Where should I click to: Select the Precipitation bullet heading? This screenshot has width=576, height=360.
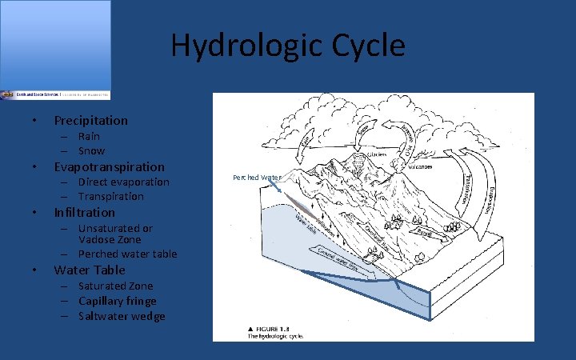(90, 121)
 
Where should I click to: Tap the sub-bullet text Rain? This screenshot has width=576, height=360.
(89, 137)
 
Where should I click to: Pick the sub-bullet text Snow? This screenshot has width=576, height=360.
(91, 151)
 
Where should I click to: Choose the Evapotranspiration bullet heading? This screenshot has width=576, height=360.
(109, 167)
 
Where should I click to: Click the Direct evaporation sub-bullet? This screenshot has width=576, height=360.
(123, 182)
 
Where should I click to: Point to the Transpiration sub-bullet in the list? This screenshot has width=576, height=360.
(110, 197)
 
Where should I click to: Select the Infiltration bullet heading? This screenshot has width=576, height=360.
(84, 213)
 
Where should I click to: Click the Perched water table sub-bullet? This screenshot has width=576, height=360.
(127, 254)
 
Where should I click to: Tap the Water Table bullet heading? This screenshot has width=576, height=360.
(89, 270)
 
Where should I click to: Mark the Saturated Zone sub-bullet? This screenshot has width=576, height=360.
(115, 286)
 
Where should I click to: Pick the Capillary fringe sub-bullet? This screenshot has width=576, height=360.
(117, 302)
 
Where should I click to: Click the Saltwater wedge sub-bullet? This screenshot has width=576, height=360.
(122, 317)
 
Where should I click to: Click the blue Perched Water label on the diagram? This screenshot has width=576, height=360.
(256, 178)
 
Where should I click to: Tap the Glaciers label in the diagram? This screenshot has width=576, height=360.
(376, 154)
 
